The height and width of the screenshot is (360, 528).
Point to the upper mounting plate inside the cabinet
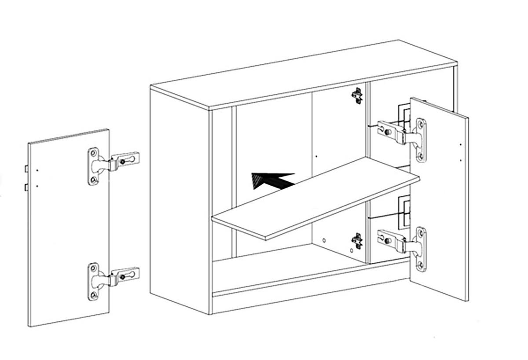click(357, 95)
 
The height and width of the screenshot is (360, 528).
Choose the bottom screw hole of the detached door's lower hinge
click(94, 294)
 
